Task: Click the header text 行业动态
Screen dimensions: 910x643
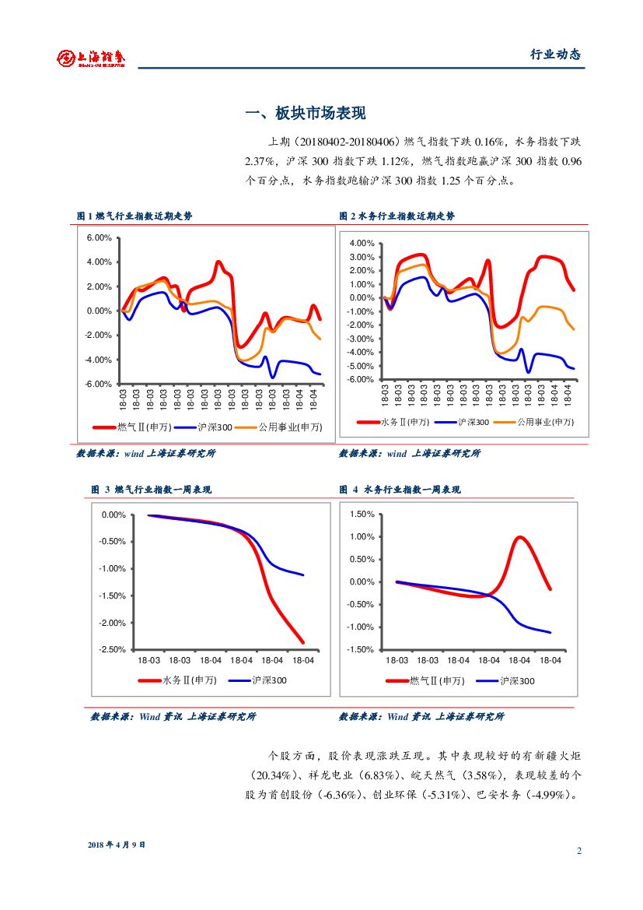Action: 555,54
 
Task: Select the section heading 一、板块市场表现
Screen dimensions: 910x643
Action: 305,114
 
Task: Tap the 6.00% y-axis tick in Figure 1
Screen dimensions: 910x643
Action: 100,237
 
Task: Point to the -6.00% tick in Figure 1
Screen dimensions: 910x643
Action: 98,385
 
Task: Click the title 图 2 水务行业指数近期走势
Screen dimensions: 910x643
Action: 397,216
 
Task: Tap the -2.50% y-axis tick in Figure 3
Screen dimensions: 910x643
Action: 114,650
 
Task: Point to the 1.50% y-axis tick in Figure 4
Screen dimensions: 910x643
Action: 363,515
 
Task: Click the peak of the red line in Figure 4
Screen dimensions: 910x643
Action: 520,537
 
